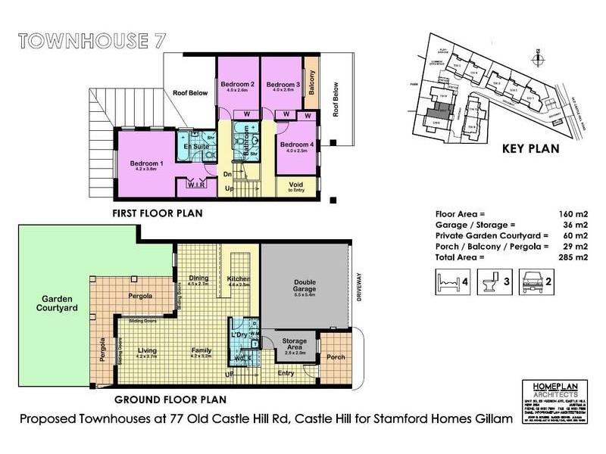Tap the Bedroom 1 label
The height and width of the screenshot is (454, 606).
[146, 165]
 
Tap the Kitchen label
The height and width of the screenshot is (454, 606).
[239, 280]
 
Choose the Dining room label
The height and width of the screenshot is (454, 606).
[198, 279]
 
